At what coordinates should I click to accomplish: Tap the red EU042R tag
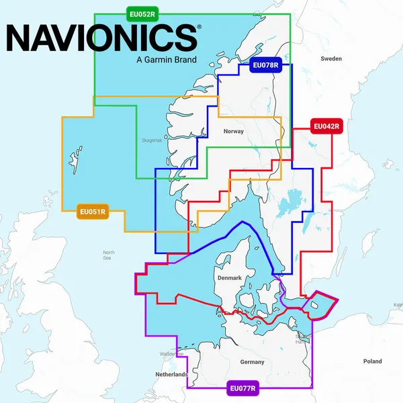pos(326,126)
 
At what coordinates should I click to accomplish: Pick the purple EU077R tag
pos(242,388)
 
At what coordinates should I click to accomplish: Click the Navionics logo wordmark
pos(100,38)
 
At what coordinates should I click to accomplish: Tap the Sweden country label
pos(331,59)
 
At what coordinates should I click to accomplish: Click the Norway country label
pos(234,132)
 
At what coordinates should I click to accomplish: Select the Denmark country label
pos(229,277)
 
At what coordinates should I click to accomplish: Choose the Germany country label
pos(252,362)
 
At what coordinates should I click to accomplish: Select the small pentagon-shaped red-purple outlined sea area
pos(319,305)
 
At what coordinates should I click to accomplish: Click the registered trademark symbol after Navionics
pos(197,28)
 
